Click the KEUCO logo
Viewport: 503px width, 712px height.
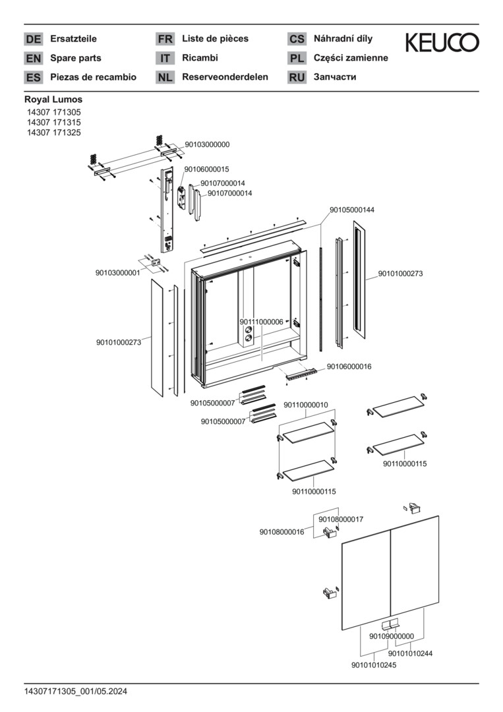[442, 43]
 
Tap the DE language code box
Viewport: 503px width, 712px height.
[33, 40]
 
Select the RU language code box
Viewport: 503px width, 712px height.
[297, 78]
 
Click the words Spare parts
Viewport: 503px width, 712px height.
[75, 58]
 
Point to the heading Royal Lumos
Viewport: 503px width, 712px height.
[53, 100]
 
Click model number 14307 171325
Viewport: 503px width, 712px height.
[53, 132]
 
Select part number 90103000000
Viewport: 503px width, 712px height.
[207, 144]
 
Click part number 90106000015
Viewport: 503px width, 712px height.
[206, 169]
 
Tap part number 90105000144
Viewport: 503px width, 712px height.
[352, 210]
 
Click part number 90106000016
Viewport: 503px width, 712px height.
[349, 367]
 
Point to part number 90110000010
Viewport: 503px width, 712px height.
[306, 405]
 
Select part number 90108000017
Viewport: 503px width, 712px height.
[341, 519]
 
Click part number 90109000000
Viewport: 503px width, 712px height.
[392, 636]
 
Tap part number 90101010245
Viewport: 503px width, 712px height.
[374, 665]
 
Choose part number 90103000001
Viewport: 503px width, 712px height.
[117, 272]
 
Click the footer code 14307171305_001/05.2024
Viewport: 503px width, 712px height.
[75, 692]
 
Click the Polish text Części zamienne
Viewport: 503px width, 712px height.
[351, 58]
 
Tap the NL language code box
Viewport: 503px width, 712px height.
[165, 78]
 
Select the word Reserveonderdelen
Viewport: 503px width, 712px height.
[225, 77]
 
